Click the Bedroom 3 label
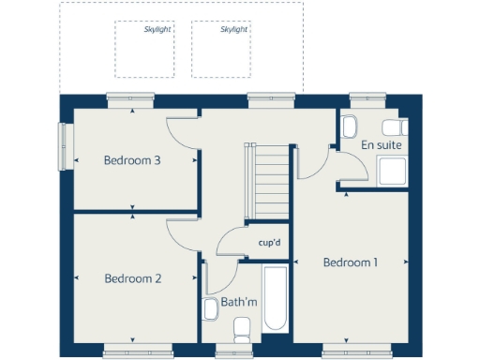tap(132, 160)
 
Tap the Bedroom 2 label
tap(133, 278)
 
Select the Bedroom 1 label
tap(350, 262)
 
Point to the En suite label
tap(381, 146)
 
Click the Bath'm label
tap(238, 302)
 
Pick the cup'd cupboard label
tap(270, 243)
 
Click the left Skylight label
tap(157, 30)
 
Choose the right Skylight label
tap(234, 30)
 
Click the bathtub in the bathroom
tap(276, 298)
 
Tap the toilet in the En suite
tap(349, 126)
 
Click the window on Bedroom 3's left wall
tap(64, 147)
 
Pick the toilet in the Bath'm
tap(242, 329)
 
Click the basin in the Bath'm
tap(211, 307)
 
